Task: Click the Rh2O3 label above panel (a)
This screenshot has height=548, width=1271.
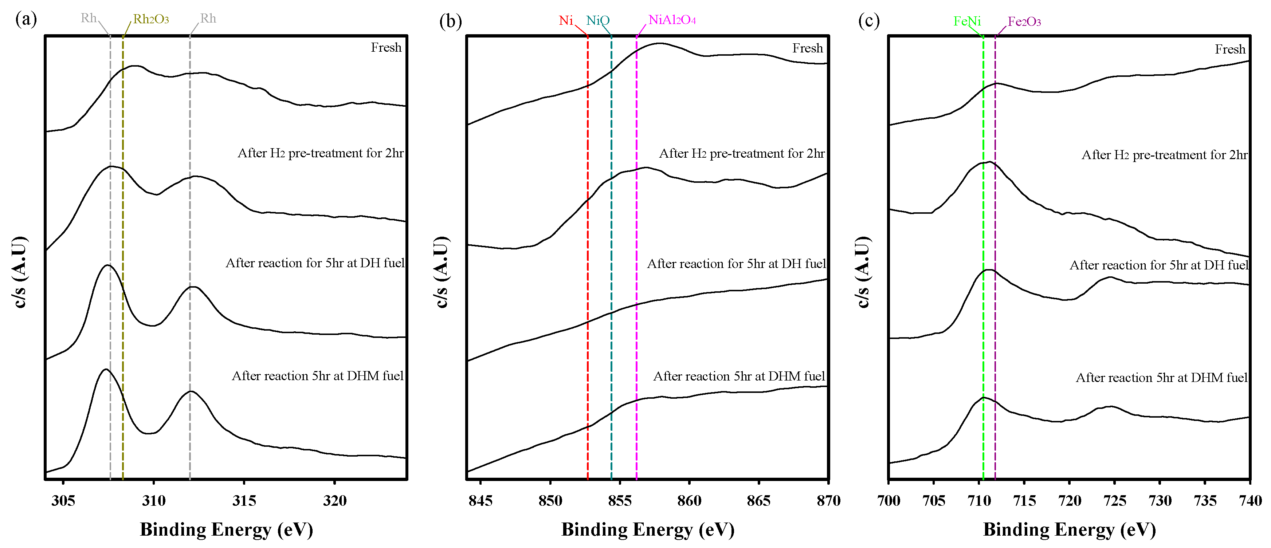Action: point(151,19)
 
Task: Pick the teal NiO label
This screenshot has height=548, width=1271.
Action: point(597,21)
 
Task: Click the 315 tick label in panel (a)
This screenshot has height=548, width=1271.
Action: point(244,501)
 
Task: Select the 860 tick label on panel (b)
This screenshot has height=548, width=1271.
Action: point(689,501)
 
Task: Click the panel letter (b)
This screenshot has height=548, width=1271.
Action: point(450,21)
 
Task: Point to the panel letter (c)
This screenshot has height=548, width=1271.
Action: point(868,21)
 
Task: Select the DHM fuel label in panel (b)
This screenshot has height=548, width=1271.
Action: point(739,376)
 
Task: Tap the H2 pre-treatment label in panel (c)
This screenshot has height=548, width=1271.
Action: point(1164,155)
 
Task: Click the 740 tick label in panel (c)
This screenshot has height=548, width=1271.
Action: point(1250,501)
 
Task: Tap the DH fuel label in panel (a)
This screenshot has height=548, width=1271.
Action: point(315,263)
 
